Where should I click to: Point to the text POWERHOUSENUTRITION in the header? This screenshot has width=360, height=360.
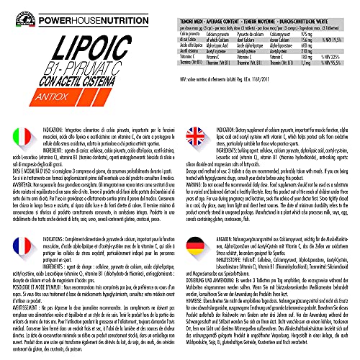[86, 11]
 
